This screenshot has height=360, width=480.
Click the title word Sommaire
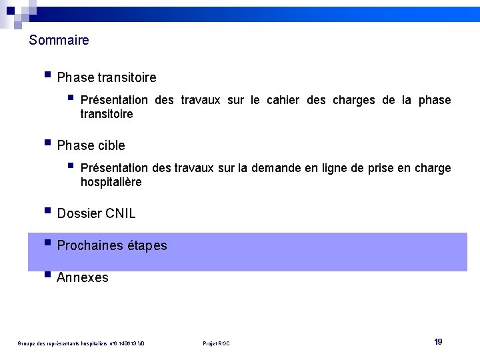(59, 41)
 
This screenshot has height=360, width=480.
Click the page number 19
(438, 342)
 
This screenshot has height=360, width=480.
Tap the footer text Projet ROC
(216, 343)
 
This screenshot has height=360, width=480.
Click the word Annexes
(83, 278)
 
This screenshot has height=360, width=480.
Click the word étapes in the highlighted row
(149, 246)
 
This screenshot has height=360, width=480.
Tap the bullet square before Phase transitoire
(47, 75)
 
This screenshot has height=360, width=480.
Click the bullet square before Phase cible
(47, 143)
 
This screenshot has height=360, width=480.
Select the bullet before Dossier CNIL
(47, 211)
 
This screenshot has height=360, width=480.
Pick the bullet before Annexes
(47, 275)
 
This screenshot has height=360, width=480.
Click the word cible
(111, 145)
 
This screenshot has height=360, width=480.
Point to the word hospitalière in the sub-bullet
(111, 182)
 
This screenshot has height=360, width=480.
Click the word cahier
(283, 100)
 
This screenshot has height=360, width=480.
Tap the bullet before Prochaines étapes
(47, 243)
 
